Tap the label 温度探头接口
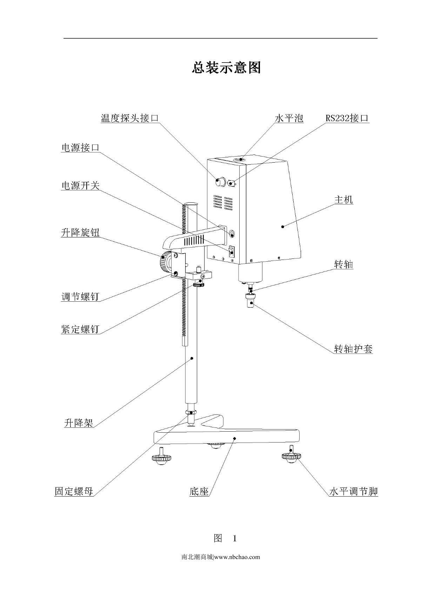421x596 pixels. coord(130,118)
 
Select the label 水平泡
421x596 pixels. coord(289,118)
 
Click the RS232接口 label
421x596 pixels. coord(347,118)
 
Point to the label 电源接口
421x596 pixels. coord(80,148)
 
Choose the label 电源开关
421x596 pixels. coord(80,185)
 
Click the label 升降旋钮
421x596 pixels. coord(80,232)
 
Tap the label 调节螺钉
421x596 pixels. coord(80,297)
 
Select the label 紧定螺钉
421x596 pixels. coord(80,329)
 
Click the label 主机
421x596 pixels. coord(343,200)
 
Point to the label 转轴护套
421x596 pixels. coord(353,349)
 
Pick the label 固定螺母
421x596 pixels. coord(74,491)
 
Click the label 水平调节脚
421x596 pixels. coord(353,491)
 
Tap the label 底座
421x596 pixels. coord(199,492)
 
